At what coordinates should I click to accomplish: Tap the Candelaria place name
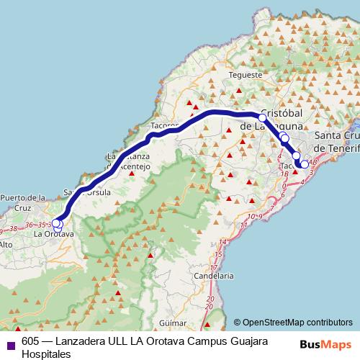click(x=215, y=275)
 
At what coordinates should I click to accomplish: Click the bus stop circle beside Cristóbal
click(x=262, y=117)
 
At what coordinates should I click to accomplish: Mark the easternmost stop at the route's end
click(x=305, y=164)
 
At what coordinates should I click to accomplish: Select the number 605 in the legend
click(x=30, y=341)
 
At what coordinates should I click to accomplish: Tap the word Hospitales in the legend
click(x=46, y=354)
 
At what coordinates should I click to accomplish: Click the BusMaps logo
click(x=326, y=345)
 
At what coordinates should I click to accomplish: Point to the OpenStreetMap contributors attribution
click(x=297, y=323)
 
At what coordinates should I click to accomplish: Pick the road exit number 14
click(x=224, y=241)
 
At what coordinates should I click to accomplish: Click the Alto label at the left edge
click(x=6, y=245)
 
